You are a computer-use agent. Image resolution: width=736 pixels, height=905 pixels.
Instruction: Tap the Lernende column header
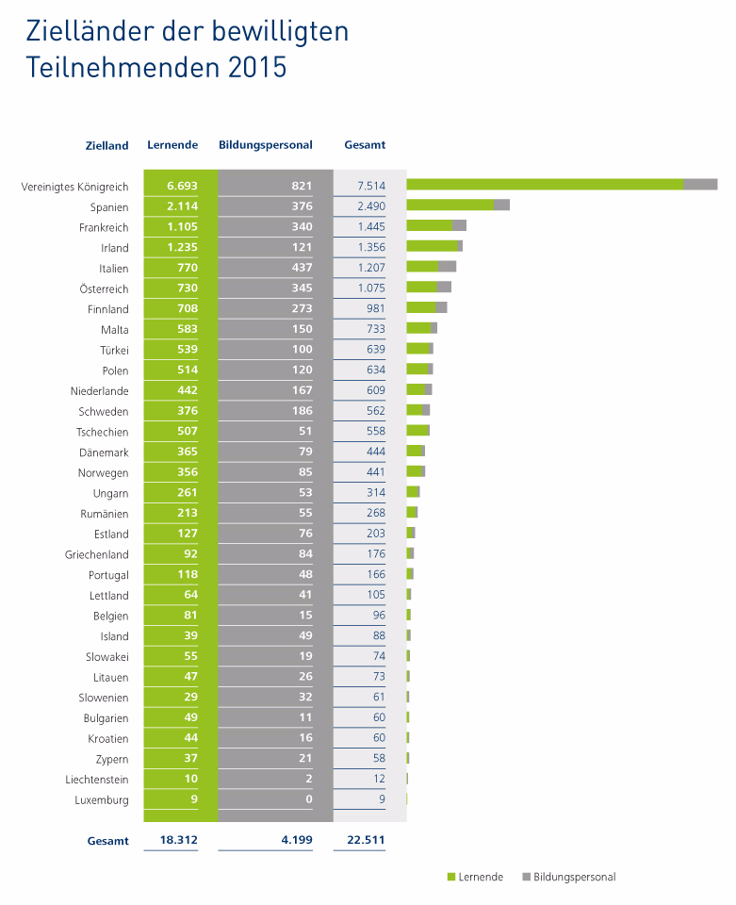[x=172, y=145]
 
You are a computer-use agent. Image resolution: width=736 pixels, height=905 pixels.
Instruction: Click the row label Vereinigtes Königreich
[x=74, y=187]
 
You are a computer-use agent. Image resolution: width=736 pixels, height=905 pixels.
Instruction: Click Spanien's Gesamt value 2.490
[x=368, y=206]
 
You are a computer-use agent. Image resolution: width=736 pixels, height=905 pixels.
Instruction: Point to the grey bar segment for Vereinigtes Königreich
[x=700, y=185]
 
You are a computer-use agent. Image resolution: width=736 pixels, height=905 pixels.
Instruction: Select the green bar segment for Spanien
[x=450, y=205]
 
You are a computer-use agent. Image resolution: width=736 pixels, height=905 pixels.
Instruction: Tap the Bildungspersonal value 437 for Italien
[x=302, y=268]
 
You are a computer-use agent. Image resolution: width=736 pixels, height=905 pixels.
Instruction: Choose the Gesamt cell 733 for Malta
[x=374, y=329]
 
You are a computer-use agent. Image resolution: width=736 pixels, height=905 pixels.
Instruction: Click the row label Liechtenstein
[x=96, y=780]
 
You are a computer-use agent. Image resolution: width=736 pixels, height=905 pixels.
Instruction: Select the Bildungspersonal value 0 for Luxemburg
[x=308, y=800]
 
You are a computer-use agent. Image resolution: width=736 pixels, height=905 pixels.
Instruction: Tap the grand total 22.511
[x=365, y=840]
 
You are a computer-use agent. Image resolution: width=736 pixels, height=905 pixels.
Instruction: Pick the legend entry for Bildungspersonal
[x=574, y=877]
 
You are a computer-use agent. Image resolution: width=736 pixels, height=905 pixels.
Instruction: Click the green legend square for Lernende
[x=450, y=877]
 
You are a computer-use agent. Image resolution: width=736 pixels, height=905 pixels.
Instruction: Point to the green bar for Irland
[x=432, y=246]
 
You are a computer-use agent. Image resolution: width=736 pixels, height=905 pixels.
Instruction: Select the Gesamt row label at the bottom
[x=107, y=841]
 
